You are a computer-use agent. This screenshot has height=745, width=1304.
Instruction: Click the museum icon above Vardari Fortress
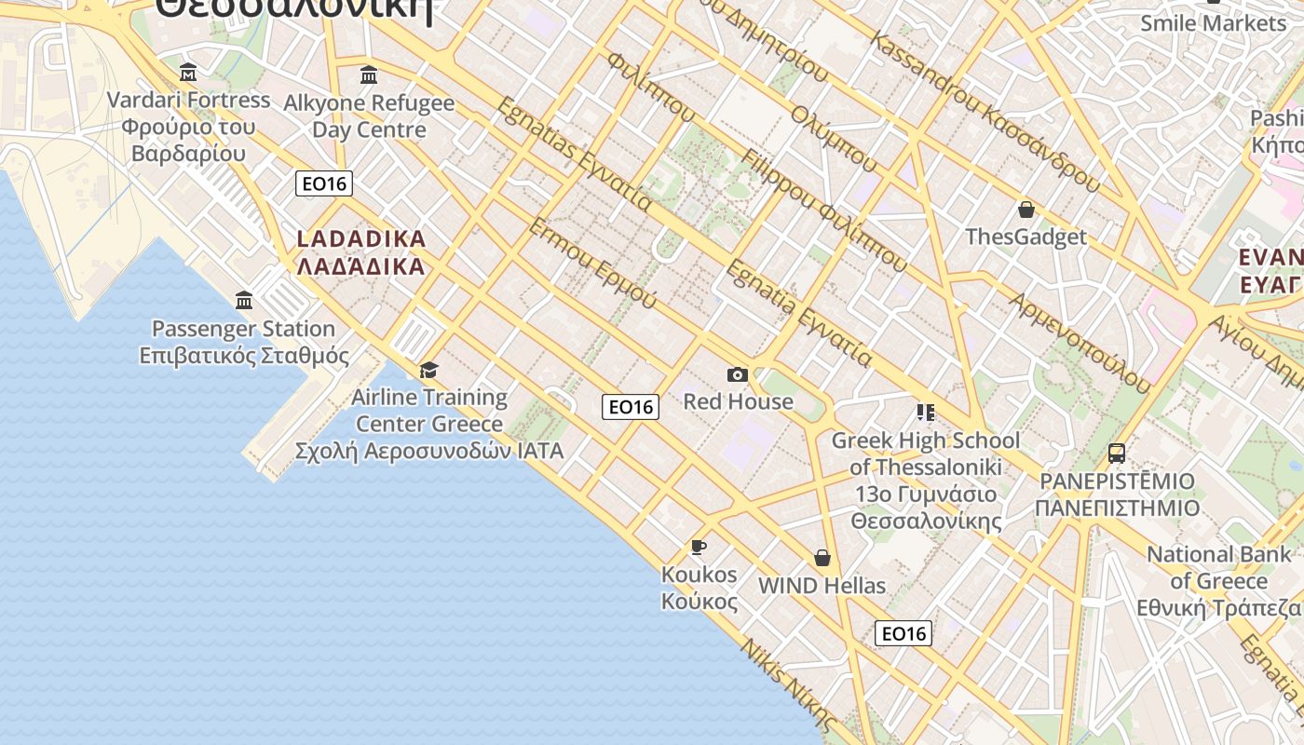pyautogui.click(x=188, y=73)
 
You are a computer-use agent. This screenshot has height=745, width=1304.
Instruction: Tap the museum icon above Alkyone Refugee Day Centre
pyautogui.click(x=369, y=74)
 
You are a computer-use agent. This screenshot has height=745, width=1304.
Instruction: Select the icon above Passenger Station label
pyautogui.click(x=244, y=300)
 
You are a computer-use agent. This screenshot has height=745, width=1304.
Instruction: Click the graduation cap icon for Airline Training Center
pyautogui.click(x=428, y=371)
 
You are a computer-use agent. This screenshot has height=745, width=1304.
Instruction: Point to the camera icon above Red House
pyautogui.click(x=738, y=374)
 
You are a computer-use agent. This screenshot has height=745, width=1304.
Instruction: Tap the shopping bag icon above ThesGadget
pyautogui.click(x=1026, y=210)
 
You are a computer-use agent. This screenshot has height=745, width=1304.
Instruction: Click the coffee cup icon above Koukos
pyautogui.click(x=699, y=547)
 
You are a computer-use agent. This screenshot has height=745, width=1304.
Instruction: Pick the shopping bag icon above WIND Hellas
pyautogui.click(x=822, y=558)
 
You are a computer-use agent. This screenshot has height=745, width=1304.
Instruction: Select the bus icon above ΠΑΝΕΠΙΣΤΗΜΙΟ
pyautogui.click(x=1117, y=454)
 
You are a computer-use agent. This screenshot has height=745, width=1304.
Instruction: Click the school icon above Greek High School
pyautogui.click(x=925, y=412)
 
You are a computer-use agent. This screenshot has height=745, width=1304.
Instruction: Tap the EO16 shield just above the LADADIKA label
pyautogui.click(x=324, y=183)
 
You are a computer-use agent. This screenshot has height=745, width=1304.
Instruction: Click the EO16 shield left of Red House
pyautogui.click(x=631, y=406)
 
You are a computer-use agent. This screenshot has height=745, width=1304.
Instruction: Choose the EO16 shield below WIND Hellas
pyautogui.click(x=903, y=633)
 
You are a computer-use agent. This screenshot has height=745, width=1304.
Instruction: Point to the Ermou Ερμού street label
pyautogui.click(x=592, y=264)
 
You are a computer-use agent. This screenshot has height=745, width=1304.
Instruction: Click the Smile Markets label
pyautogui.click(x=1213, y=22)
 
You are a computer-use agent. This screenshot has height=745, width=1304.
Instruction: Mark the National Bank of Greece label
pyautogui.click(x=1220, y=581)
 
